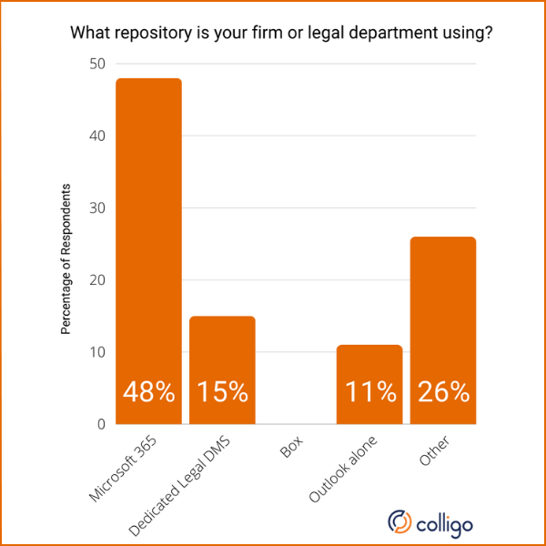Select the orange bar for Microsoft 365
[149, 237]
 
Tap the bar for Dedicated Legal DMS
[222, 355]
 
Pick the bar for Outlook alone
[369, 364]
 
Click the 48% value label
[149, 392]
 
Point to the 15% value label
[222, 392]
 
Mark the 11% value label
[369, 392]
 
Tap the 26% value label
[443, 392]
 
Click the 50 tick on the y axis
[96, 64]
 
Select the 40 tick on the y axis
[96, 136]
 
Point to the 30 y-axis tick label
[96, 208]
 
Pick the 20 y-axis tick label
[96, 280]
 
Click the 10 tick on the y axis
[96, 352]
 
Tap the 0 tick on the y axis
[100, 424]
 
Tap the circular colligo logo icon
[400, 521]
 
